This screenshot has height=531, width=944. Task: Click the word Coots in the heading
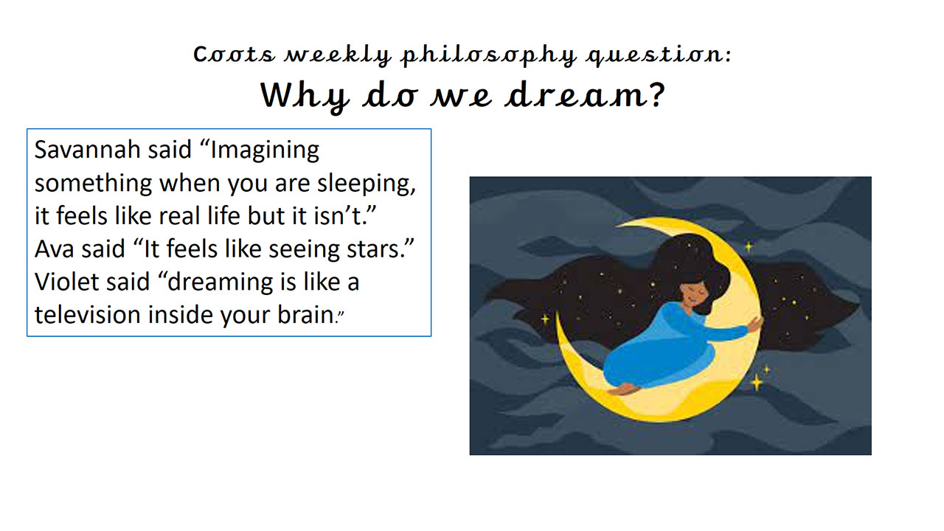point(234,55)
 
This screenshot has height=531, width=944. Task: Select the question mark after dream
point(656,94)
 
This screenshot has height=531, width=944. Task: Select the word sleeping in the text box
point(366,184)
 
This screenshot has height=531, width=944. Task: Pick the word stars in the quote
point(375,249)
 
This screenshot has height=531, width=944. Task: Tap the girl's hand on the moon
point(754,324)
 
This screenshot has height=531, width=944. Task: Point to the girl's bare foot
point(623,389)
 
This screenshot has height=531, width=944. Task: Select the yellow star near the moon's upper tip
point(749,246)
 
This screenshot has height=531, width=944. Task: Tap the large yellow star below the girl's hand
point(757,382)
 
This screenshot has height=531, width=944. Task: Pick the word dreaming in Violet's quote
point(223,282)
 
